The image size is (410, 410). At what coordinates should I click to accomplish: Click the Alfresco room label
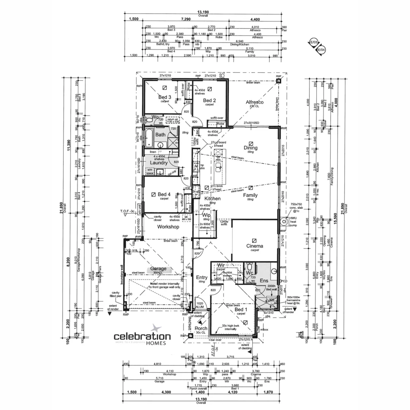pyautogui.click(x=255, y=102)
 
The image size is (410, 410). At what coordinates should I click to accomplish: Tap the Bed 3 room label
pyautogui.click(x=165, y=97)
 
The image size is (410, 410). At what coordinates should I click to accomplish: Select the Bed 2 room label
pyautogui.click(x=209, y=100)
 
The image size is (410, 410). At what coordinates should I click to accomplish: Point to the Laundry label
pyautogui.click(x=159, y=162)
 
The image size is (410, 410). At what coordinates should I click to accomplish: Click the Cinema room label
pyautogui.click(x=254, y=246)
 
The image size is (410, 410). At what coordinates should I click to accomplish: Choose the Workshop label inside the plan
pyautogui.click(x=168, y=227)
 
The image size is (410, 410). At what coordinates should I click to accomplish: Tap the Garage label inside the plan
pyautogui.click(x=159, y=268)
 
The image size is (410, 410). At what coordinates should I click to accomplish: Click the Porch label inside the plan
pyautogui.click(x=201, y=328)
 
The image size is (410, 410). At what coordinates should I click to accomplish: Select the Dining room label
pyautogui.click(x=251, y=148)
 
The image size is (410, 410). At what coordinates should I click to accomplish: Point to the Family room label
pyautogui.click(x=250, y=195)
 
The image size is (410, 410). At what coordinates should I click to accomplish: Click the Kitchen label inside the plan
pyautogui.click(x=212, y=199)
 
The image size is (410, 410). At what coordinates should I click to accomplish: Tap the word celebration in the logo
pyautogui.click(x=142, y=336)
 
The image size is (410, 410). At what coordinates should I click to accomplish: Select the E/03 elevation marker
pyautogui.click(x=314, y=43)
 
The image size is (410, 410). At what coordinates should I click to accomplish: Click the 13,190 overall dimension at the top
pyautogui.click(x=203, y=12)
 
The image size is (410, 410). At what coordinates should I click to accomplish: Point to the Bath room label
pyautogui.click(x=160, y=134)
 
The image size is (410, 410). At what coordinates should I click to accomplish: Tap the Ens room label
pyautogui.click(x=264, y=281)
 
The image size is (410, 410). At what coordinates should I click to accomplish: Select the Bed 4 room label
pyautogui.click(x=164, y=194)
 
